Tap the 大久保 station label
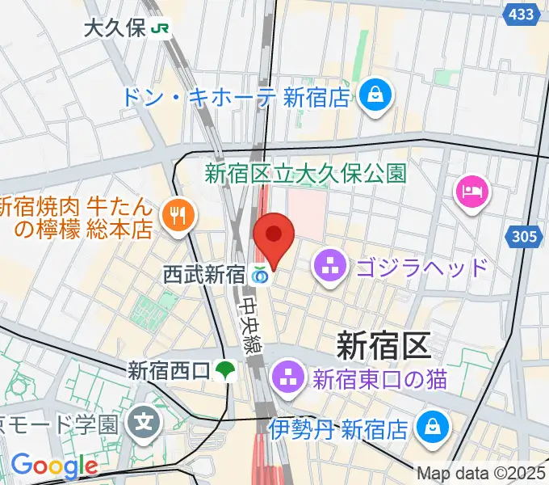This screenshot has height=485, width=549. coord(114,29)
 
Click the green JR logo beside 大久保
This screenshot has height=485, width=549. coord(161,29)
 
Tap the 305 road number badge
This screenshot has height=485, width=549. coord(525,236)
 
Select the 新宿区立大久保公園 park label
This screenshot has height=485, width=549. coord(304,173)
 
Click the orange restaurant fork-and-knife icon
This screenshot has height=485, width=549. coord(178,215)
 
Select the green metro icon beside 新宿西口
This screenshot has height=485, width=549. coord(225,371)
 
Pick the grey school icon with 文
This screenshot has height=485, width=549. coord(144,422)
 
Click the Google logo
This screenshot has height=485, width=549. coord(53,466)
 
